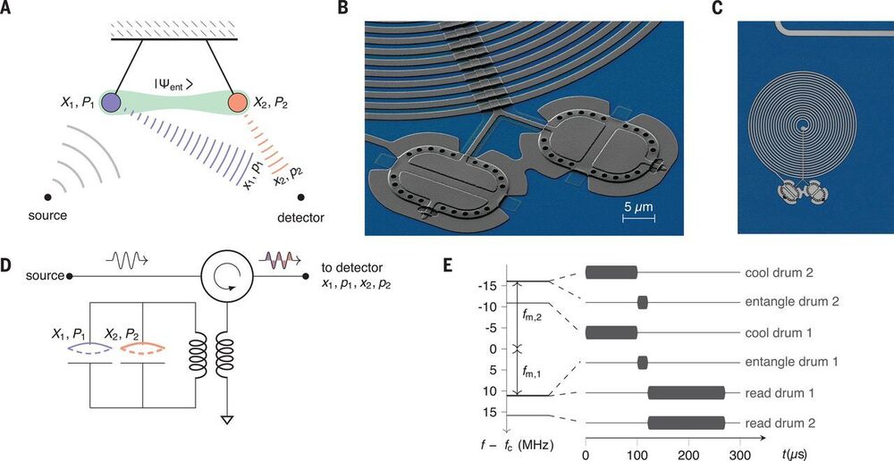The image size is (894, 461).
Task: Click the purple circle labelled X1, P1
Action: [x=111, y=101]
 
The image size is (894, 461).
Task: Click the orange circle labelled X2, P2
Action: [x=239, y=101]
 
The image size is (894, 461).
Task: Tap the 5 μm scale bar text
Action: [x=637, y=207]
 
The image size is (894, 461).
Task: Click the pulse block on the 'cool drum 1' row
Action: [x=611, y=332]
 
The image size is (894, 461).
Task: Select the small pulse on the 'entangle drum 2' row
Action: [x=642, y=302]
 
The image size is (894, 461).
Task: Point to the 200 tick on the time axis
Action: [x=687, y=454]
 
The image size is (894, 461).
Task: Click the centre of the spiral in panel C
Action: [x=801, y=126]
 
